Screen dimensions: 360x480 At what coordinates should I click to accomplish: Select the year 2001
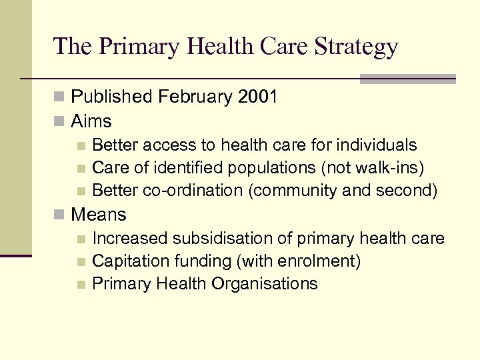click(257, 97)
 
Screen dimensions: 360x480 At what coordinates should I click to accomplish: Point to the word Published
click(112, 97)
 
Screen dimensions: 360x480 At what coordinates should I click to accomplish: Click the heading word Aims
click(91, 121)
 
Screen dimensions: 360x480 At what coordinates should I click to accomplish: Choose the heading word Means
click(98, 215)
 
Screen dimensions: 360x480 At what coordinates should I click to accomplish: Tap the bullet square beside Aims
click(60, 122)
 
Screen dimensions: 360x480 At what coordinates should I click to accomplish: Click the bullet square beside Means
click(60, 215)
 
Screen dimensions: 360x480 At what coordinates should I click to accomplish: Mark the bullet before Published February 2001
click(60, 97)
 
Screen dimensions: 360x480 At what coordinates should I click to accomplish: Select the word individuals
click(377, 145)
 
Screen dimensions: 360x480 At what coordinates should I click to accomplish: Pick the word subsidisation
click(227, 238)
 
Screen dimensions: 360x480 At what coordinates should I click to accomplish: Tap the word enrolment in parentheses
click(323, 261)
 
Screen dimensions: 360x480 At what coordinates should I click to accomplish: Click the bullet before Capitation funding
click(81, 261)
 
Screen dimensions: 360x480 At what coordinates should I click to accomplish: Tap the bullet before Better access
click(81, 145)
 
